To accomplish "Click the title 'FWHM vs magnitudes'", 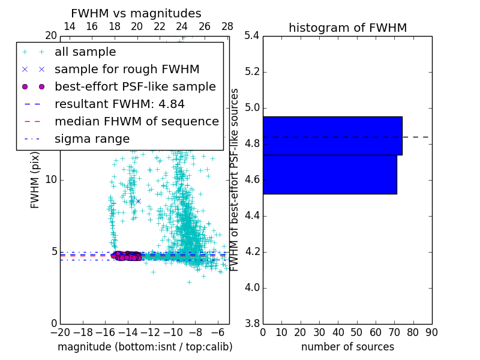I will (x=136, y=14).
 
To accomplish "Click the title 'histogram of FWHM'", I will (x=347, y=28).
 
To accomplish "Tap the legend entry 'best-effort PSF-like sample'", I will (x=135, y=86).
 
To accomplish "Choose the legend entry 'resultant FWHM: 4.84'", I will (x=119, y=104).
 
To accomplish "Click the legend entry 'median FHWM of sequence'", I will (x=136, y=121).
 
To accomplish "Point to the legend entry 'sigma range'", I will (x=92, y=139).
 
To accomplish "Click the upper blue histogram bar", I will (x=332, y=136).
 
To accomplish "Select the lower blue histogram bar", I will (x=329, y=174).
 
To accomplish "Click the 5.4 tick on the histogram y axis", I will (x=251, y=35).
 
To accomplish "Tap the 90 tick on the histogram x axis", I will (x=431, y=332).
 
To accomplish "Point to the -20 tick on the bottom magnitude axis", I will (x=60, y=332).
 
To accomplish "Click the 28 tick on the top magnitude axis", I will (x=227, y=26).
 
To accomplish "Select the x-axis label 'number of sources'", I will (x=347, y=347).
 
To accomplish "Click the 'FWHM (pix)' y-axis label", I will (x=35, y=180).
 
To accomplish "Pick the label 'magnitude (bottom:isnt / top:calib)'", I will (x=145, y=347).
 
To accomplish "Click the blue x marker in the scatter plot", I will (x=138, y=201).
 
